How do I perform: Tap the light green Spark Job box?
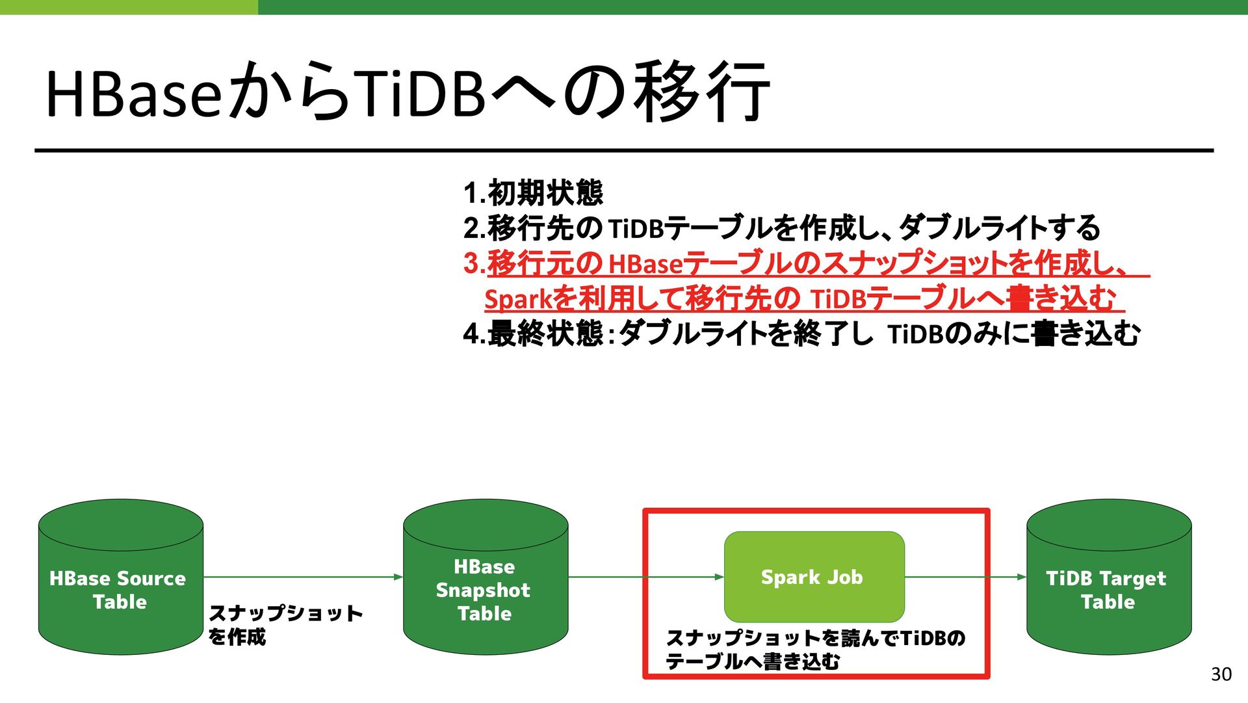(x=814, y=577)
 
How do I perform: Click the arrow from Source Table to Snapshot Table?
(x=302, y=577)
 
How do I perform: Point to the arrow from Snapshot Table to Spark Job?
(x=646, y=577)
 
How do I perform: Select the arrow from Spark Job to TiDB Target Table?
(x=965, y=577)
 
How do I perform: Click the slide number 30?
(x=1221, y=674)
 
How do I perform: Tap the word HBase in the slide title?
(x=133, y=94)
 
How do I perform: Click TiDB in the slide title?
(x=421, y=94)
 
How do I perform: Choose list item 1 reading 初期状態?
(x=545, y=192)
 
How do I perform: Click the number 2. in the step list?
(x=474, y=228)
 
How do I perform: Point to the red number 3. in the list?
(x=474, y=263)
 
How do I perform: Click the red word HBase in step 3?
(x=645, y=264)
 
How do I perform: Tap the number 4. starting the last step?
(x=474, y=334)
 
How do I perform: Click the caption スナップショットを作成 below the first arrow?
(x=284, y=624)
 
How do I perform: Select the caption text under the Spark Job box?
(x=815, y=649)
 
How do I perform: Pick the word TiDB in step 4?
(x=915, y=335)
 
